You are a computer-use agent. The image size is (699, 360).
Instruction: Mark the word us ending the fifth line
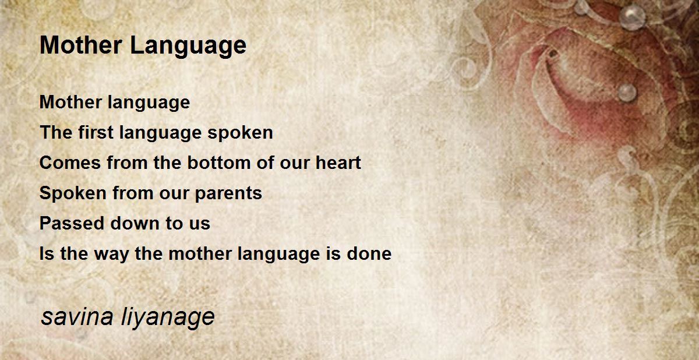(200, 223)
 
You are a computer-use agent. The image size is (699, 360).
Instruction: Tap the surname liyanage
(169, 318)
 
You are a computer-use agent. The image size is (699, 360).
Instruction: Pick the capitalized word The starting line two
(56, 132)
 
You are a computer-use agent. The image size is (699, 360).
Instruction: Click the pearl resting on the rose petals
(627, 91)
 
